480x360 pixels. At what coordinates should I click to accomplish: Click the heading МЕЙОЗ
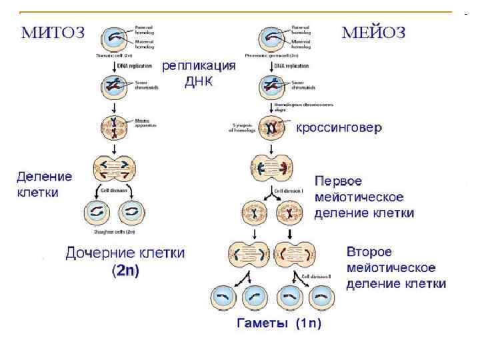click(373, 33)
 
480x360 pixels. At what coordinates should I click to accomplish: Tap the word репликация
click(199, 67)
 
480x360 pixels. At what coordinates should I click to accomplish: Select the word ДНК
click(199, 82)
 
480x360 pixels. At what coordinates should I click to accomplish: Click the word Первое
click(338, 181)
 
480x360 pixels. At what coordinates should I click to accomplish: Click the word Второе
click(369, 253)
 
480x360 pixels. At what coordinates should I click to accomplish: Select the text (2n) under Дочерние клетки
click(125, 271)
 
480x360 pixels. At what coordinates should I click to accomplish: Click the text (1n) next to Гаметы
click(308, 323)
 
